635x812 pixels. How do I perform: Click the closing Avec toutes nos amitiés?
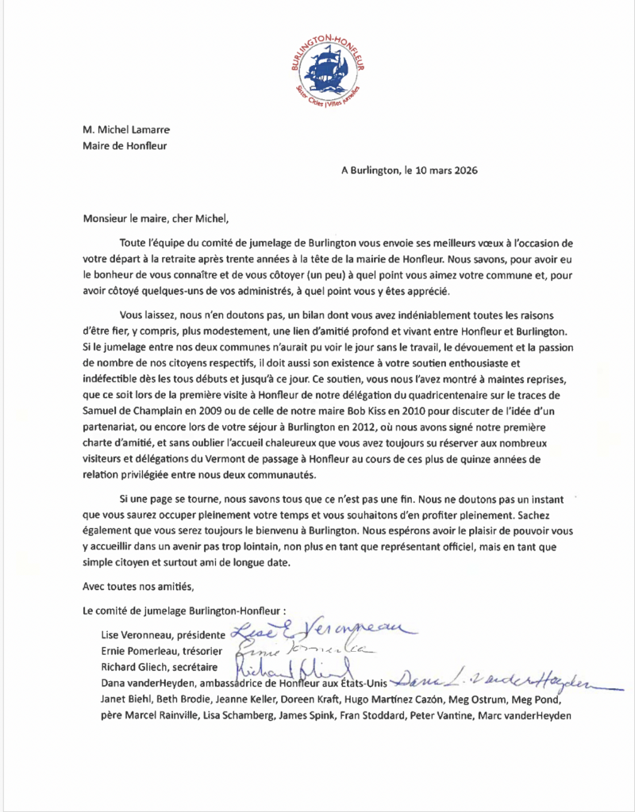tap(138, 587)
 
